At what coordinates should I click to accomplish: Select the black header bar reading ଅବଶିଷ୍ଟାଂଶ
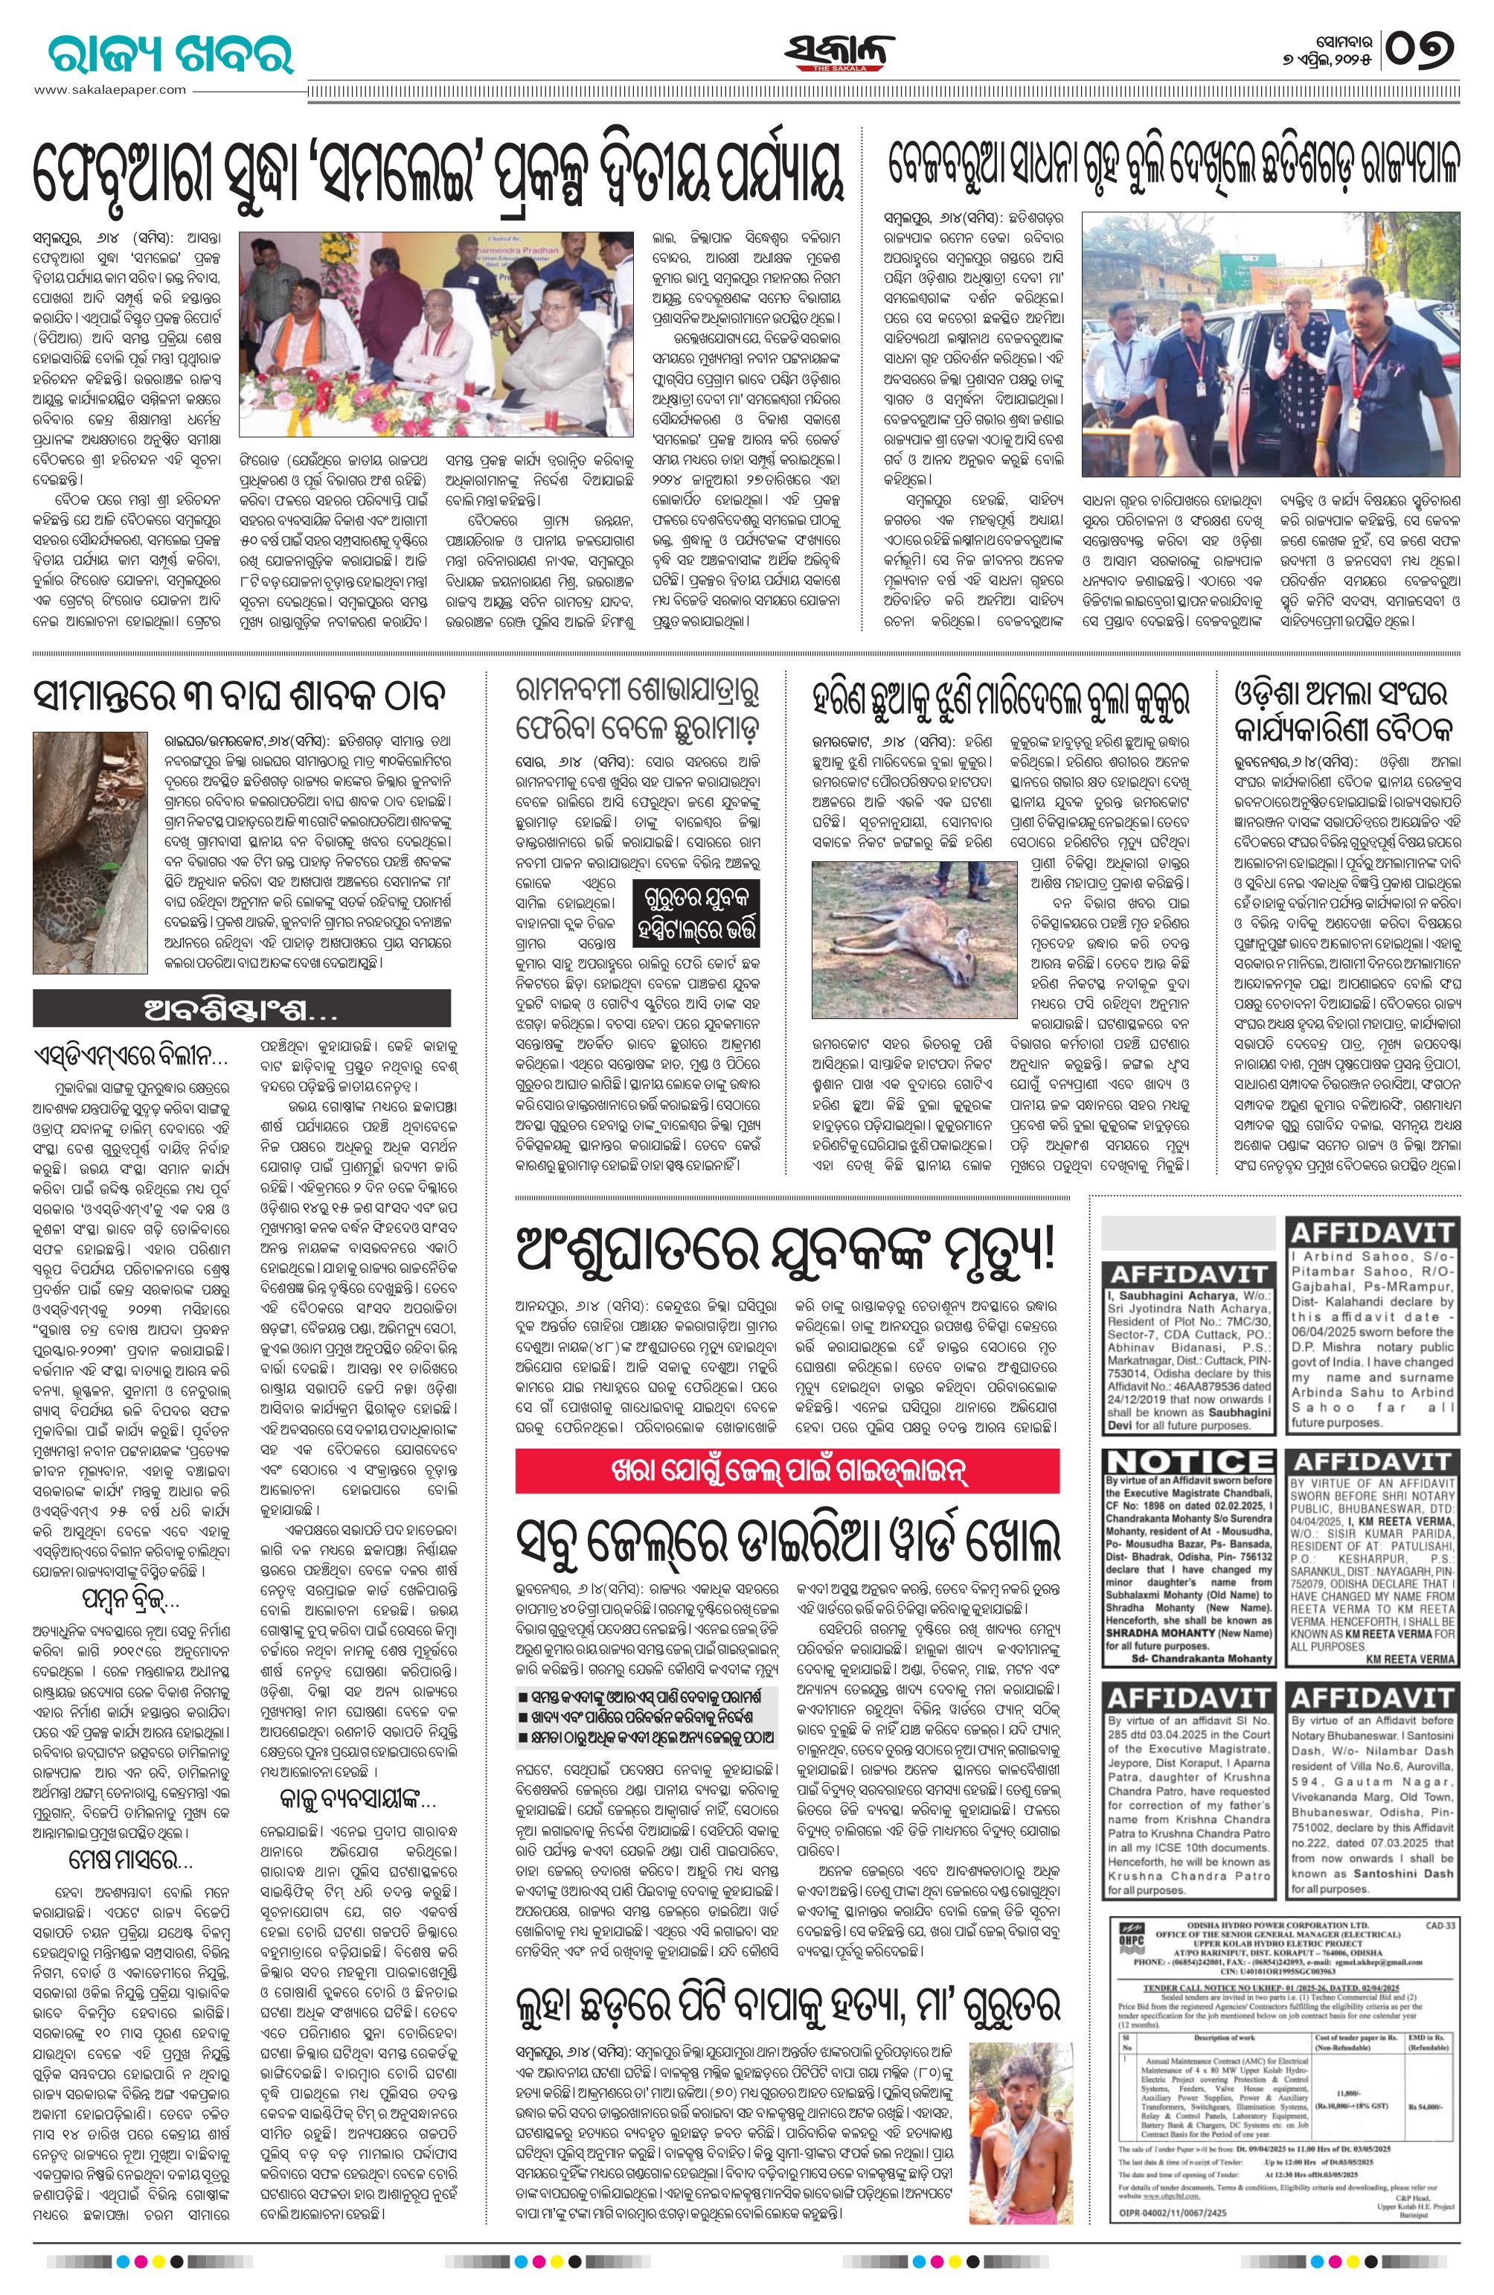tap(241, 1009)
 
